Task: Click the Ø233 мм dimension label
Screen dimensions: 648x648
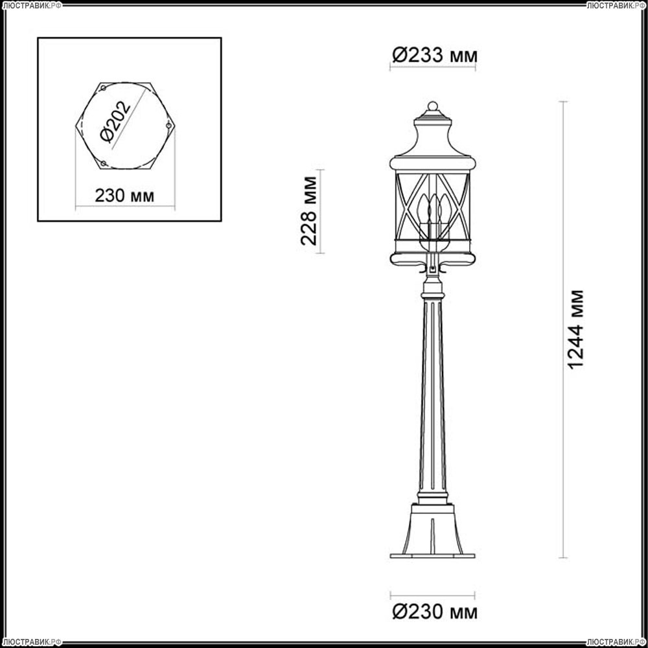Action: coord(435,55)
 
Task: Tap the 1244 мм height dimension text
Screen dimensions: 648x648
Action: coord(575,329)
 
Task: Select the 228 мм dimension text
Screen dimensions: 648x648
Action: coord(308,211)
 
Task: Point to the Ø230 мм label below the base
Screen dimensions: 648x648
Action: coord(435,612)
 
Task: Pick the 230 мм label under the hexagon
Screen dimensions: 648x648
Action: coord(124,196)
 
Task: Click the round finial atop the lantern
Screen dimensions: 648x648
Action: coord(433,106)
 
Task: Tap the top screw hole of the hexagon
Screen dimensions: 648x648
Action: coord(104,87)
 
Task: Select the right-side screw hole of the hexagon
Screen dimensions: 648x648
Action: coord(168,125)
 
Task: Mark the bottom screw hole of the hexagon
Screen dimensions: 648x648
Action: coord(104,163)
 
